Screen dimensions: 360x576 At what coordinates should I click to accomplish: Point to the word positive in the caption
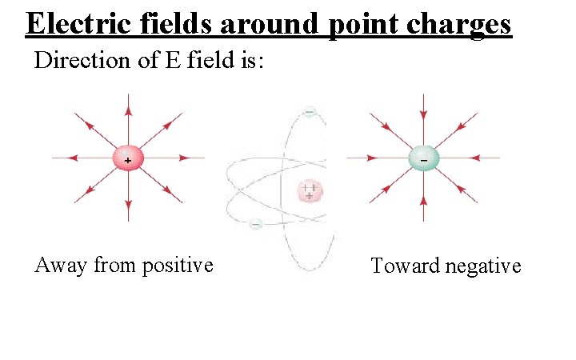point(178,265)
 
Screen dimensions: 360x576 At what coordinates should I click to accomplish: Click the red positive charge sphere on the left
point(128,158)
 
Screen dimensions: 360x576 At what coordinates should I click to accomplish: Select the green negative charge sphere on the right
point(423,158)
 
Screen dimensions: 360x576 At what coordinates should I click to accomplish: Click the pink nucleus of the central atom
point(310,191)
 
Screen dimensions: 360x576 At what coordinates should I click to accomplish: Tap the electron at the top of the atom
point(310,111)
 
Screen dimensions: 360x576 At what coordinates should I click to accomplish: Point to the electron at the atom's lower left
point(255,225)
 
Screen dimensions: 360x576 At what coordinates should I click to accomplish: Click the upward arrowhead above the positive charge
point(128,108)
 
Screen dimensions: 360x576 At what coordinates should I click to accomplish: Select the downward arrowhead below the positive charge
point(128,206)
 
